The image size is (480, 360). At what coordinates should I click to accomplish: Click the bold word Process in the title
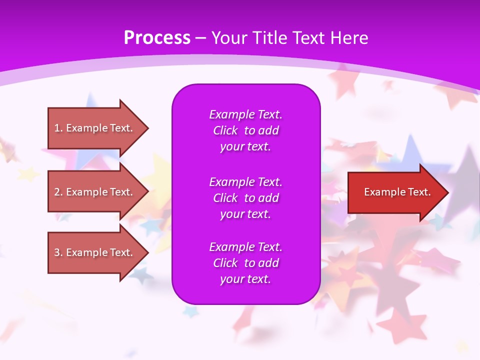pos(157,38)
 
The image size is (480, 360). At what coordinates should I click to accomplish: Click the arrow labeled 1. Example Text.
pos(95,128)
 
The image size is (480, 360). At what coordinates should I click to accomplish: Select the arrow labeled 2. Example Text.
pos(95,192)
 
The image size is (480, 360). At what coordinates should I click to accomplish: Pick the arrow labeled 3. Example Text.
pos(95,252)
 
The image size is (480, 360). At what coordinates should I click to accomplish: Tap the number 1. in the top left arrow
pos(58,128)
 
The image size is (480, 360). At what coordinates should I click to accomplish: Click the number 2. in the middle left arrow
pos(58,192)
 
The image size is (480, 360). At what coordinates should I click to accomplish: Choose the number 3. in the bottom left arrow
pos(58,252)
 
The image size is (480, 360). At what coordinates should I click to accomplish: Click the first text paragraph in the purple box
pos(245,130)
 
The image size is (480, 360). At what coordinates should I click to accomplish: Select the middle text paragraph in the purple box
pos(245,198)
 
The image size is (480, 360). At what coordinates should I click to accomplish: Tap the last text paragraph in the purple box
pos(245,263)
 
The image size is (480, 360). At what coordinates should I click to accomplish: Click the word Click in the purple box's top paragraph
pos(225,130)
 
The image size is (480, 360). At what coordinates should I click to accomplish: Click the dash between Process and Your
pos(200,38)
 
